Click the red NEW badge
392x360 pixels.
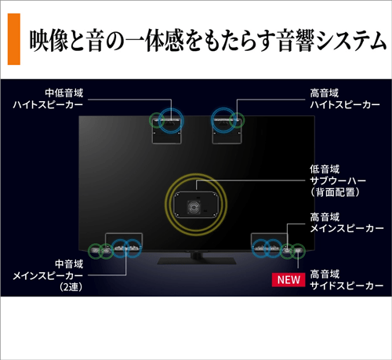[x=289, y=280]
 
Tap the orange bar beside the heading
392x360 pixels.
[x=14, y=39]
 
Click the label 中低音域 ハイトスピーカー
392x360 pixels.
[x=48, y=99]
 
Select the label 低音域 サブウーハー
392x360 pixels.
[x=338, y=175]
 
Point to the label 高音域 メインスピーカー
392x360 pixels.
[x=347, y=223]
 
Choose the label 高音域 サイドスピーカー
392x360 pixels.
[x=347, y=280]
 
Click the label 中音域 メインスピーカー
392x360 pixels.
[x=48, y=270]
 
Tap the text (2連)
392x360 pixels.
[x=71, y=287]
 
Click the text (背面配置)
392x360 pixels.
[x=336, y=192]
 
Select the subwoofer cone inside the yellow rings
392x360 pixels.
[x=194, y=207]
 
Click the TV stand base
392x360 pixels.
[x=197, y=260]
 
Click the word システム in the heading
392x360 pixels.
[x=350, y=42]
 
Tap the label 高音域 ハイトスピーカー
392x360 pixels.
[x=345, y=99]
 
